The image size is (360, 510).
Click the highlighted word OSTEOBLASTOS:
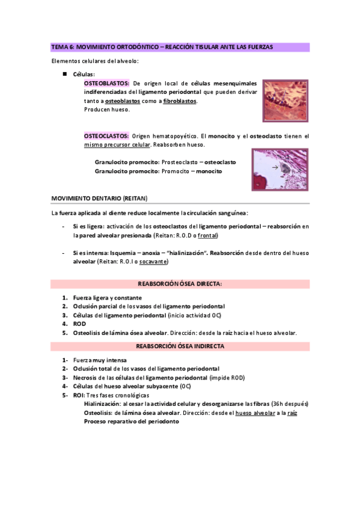(106, 83)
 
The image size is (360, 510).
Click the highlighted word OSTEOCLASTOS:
(106, 137)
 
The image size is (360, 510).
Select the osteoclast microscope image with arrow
(280, 170)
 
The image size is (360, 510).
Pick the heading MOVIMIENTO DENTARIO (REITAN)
(99, 198)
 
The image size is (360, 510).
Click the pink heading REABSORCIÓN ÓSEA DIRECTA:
(180, 283)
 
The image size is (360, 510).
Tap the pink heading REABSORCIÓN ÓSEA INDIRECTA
(180, 346)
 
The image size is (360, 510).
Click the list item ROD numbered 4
(80, 324)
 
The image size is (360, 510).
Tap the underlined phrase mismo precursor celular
(117, 145)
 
